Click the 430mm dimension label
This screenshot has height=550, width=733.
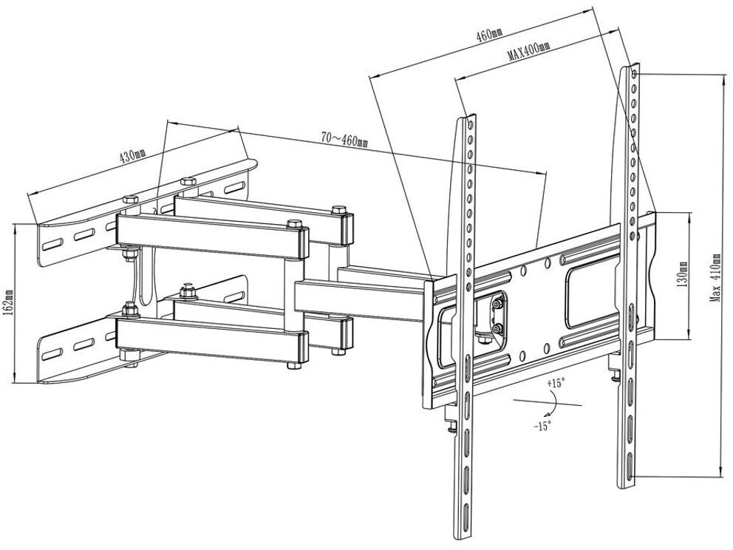coord(132,157)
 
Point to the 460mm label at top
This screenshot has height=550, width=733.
coord(488,34)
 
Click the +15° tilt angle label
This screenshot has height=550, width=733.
coord(556,383)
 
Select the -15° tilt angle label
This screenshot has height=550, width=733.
coord(542,427)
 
